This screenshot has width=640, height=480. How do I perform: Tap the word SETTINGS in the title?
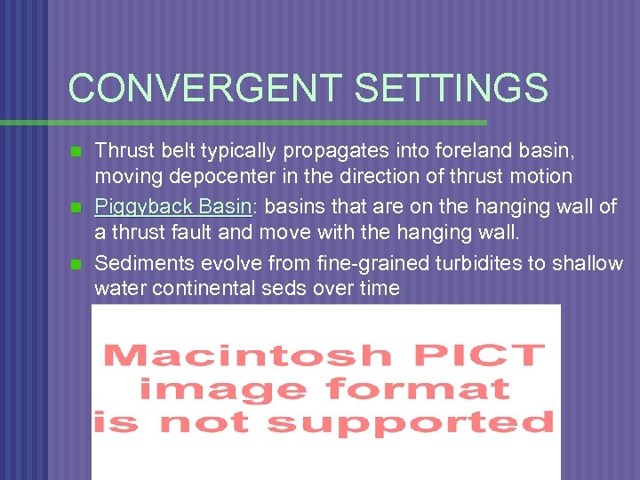coord(451,88)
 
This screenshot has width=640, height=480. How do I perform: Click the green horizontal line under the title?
coord(267,122)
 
